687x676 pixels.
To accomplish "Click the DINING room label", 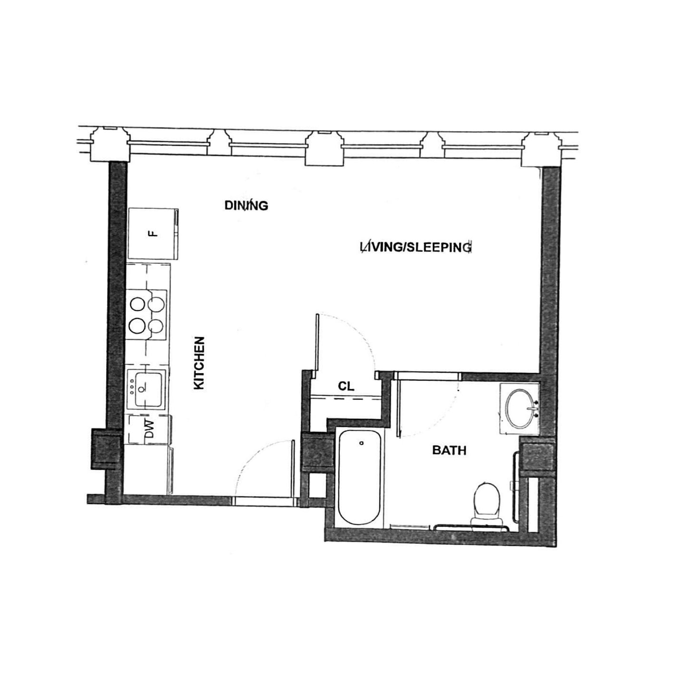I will [x=246, y=205].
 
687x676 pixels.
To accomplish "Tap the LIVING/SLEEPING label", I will [x=416, y=248].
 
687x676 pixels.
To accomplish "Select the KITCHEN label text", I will [x=200, y=363].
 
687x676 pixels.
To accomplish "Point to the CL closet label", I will [x=346, y=386].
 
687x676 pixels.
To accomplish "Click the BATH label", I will [x=449, y=450].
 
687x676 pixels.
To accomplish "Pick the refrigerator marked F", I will [x=151, y=234].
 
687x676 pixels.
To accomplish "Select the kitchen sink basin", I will [x=149, y=389].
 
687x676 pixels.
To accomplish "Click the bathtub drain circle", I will [x=361, y=443].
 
